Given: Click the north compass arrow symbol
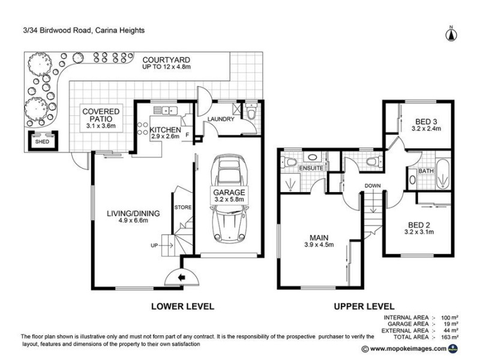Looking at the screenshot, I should [451, 34].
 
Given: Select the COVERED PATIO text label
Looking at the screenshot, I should [101, 115].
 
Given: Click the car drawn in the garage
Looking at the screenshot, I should [229, 201].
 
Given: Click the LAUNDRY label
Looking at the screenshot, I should [220, 119].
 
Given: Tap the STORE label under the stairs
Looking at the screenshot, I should [182, 208].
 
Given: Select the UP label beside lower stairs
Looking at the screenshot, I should [155, 246].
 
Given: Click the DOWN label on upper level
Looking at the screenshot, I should [372, 186].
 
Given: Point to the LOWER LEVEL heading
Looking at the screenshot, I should [182, 306].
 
